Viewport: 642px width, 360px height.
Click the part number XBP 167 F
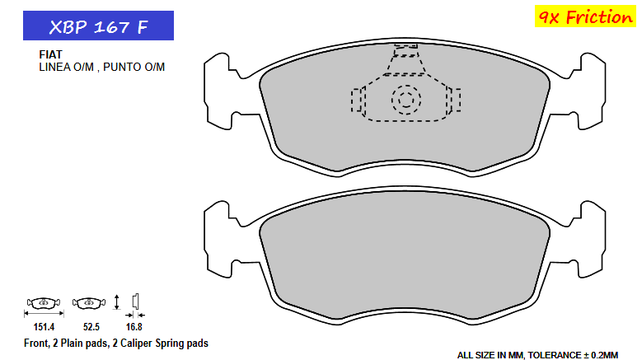point(98,26)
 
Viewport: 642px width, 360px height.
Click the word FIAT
point(51,54)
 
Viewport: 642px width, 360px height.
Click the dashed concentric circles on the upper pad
point(405,101)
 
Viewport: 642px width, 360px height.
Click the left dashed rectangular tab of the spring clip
point(357,101)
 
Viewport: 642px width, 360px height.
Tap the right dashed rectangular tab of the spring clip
point(454,101)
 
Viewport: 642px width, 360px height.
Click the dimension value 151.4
point(42,326)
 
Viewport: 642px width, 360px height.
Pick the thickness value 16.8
point(134,326)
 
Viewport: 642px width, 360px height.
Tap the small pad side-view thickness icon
point(137,301)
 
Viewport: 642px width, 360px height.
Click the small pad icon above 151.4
point(42,302)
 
